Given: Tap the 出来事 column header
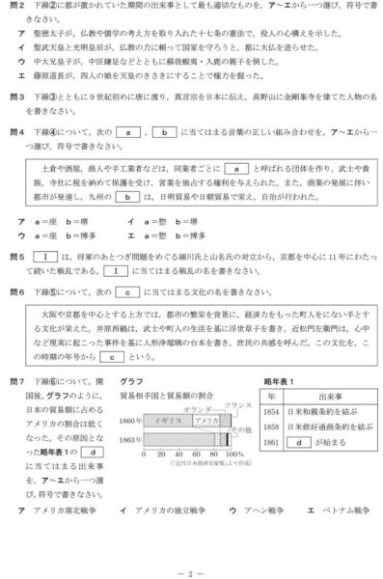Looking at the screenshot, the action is [x=325, y=395].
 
